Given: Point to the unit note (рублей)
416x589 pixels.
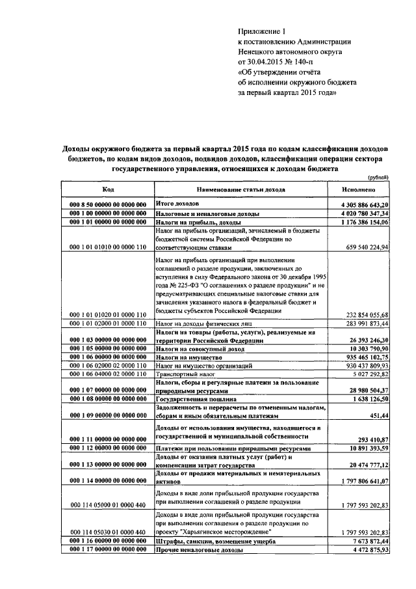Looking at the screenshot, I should pyautogui.click(x=378, y=178).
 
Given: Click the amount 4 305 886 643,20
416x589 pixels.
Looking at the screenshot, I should pyautogui.click(x=359, y=204).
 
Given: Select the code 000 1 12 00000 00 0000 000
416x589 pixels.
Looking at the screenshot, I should pyautogui.click(x=108, y=449).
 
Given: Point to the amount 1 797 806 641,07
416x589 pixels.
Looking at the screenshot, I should pyautogui.click(x=359, y=481).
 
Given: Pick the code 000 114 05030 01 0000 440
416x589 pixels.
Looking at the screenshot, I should pyautogui.click(x=108, y=532).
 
